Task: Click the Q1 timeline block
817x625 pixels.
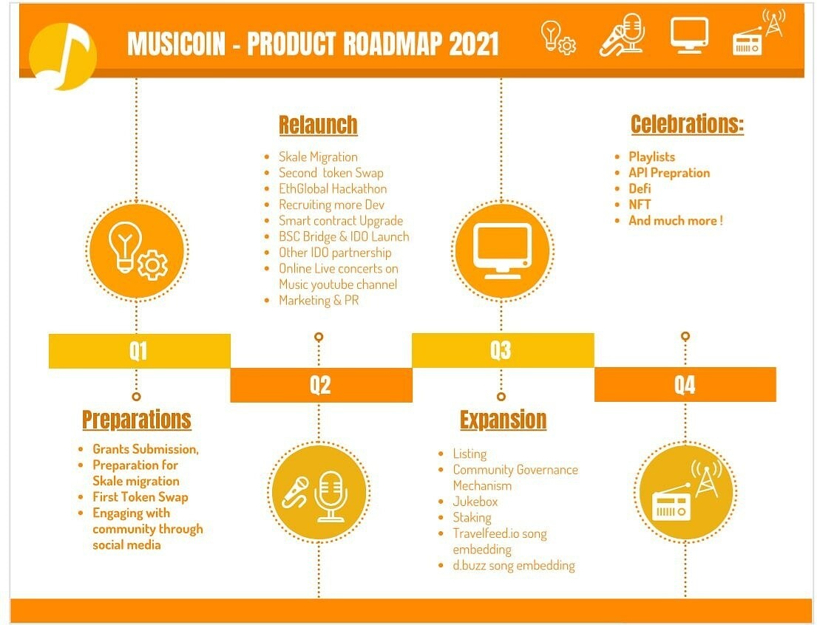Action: [x=139, y=350]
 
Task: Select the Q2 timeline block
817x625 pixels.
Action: [x=321, y=385]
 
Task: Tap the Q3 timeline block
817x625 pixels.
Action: [x=503, y=350]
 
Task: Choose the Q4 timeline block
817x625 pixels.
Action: [x=685, y=384]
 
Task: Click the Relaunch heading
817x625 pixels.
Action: [x=318, y=125]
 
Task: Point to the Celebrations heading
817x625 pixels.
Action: [x=688, y=124]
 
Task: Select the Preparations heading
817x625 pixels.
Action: [x=137, y=420]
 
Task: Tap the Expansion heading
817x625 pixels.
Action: [x=503, y=420]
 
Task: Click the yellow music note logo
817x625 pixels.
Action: [x=63, y=56]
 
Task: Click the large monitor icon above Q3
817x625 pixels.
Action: [x=503, y=250]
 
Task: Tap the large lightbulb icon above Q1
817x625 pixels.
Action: [x=137, y=250]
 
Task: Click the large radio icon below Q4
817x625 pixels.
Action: [x=685, y=491]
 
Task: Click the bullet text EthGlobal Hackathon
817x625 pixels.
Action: [x=333, y=188]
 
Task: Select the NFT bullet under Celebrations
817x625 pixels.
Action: [x=640, y=204]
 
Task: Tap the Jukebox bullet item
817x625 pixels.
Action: [x=475, y=502]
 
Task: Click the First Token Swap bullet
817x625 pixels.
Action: [x=140, y=497]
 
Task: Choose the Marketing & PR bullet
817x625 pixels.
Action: [x=319, y=300]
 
